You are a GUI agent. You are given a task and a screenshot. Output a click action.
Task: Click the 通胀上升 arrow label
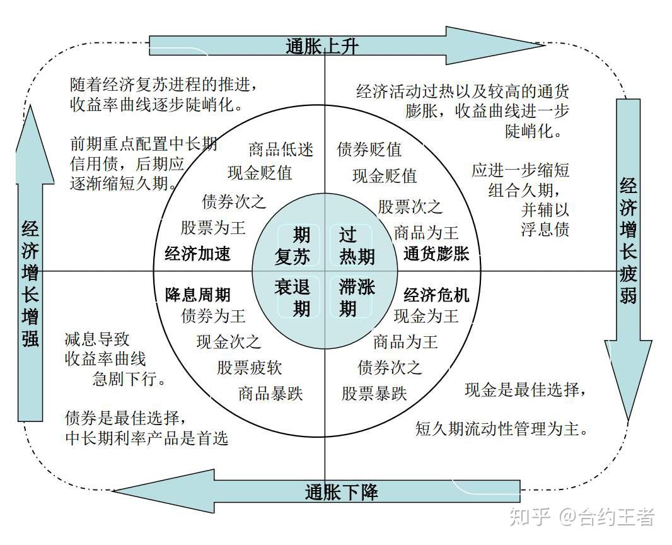tap(322, 46)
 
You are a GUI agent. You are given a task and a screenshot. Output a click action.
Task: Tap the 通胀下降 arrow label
tap(342, 492)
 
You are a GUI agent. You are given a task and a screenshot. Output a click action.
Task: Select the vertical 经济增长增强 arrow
tap(30, 284)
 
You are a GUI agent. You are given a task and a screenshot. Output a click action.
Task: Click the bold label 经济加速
tap(197, 254)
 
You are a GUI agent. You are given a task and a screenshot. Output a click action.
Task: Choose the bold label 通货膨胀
tap(436, 254)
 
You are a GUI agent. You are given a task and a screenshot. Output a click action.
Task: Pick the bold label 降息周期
tap(198, 295)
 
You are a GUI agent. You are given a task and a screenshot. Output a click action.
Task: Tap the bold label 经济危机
tap(436, 295)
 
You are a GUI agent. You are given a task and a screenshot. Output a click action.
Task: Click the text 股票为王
tap(213, 227)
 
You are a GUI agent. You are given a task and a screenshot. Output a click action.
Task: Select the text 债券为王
tap(213, 315)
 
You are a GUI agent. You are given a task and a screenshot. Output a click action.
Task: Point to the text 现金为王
tap(426, 315)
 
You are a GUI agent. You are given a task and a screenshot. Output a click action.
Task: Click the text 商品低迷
tap(281, 149)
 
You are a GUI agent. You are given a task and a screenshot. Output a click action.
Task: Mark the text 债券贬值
tap(369, 149)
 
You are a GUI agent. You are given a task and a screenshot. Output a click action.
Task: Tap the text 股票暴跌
tap(374, 394)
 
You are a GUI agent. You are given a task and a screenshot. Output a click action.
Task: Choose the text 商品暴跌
tap(270, 394)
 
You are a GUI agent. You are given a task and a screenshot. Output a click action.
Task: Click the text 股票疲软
tap(250, 368)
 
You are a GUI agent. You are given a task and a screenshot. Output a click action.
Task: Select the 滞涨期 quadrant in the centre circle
tap(357, 298)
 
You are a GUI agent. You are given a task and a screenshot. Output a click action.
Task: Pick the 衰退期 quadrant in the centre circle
tap(293, 298)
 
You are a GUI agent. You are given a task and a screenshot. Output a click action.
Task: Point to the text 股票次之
tap(410, 206)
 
